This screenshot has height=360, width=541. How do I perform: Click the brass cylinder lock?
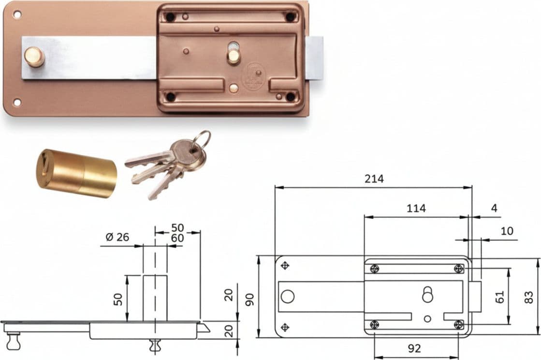point(76,173)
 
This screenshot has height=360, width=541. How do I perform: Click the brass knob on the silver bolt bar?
point(34,57)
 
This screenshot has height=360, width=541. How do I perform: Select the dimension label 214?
point(374,179)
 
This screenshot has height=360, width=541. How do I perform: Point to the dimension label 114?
point(416,208)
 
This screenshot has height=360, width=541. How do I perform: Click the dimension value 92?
point(414,348)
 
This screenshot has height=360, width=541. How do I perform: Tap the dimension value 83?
point(528,297)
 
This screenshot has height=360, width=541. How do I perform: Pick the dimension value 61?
point(499,297)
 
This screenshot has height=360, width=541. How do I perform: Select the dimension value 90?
point(249,299)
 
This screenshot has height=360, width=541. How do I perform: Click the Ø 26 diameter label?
point(117,237)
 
